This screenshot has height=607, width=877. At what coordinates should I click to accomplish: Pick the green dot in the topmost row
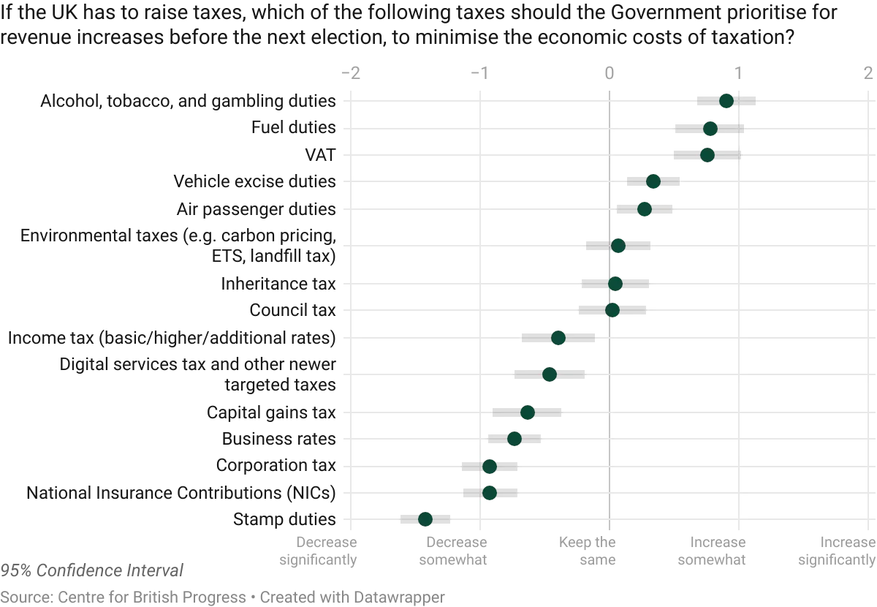[x=726, y=101]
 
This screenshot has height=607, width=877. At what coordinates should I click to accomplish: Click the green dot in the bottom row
[x=425, y=519]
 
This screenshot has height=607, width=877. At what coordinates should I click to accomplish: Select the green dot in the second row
[x=710, y=129]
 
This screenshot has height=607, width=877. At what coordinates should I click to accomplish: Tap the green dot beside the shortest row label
[x=707, y=155]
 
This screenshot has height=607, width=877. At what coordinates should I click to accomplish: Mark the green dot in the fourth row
[x=653, y=181]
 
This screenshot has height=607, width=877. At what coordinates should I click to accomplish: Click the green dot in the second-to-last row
[x=490, y=492]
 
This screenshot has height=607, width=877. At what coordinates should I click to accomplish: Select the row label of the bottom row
[x=288, y=519]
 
